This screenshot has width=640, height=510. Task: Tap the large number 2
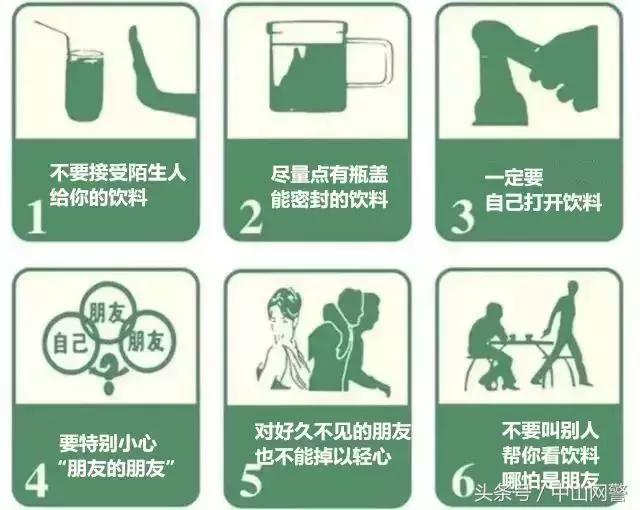click(x=251, y=214)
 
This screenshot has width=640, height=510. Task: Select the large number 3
click(x=462, y=214)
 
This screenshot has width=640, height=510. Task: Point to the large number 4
click(x=36, y=477)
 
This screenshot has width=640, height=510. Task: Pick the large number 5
click(x=251, y=477)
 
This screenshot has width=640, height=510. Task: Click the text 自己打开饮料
click(x=543, y=202)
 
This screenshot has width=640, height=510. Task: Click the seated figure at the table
click(x=493, y=345)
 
